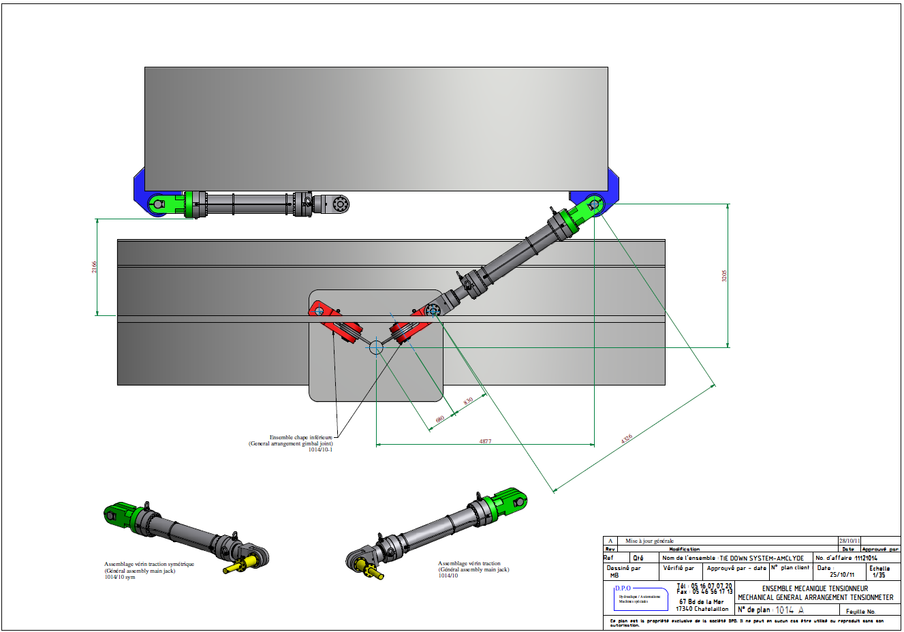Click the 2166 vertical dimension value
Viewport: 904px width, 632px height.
tap(95, 267)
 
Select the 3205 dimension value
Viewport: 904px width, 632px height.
tap(724, 276)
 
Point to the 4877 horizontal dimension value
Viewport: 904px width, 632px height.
tap(485, 441)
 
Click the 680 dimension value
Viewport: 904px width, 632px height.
tap(439, 419)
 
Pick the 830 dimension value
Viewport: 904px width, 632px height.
tap(468, 401)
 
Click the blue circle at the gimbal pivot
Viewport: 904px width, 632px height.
tap(376, 347)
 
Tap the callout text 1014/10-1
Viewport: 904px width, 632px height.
tap(320, 449)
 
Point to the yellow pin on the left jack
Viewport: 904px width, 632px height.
tap(243, 563)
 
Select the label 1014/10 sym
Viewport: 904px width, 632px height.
tap(120, 577)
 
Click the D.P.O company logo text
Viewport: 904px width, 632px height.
tap(623, 588)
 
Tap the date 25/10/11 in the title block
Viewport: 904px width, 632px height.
tap(841, 575)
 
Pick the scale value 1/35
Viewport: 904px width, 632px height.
tap(879, 575)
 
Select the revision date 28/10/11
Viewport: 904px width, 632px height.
tap(850, 541)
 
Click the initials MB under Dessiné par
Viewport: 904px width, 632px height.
tap(614, 575)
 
